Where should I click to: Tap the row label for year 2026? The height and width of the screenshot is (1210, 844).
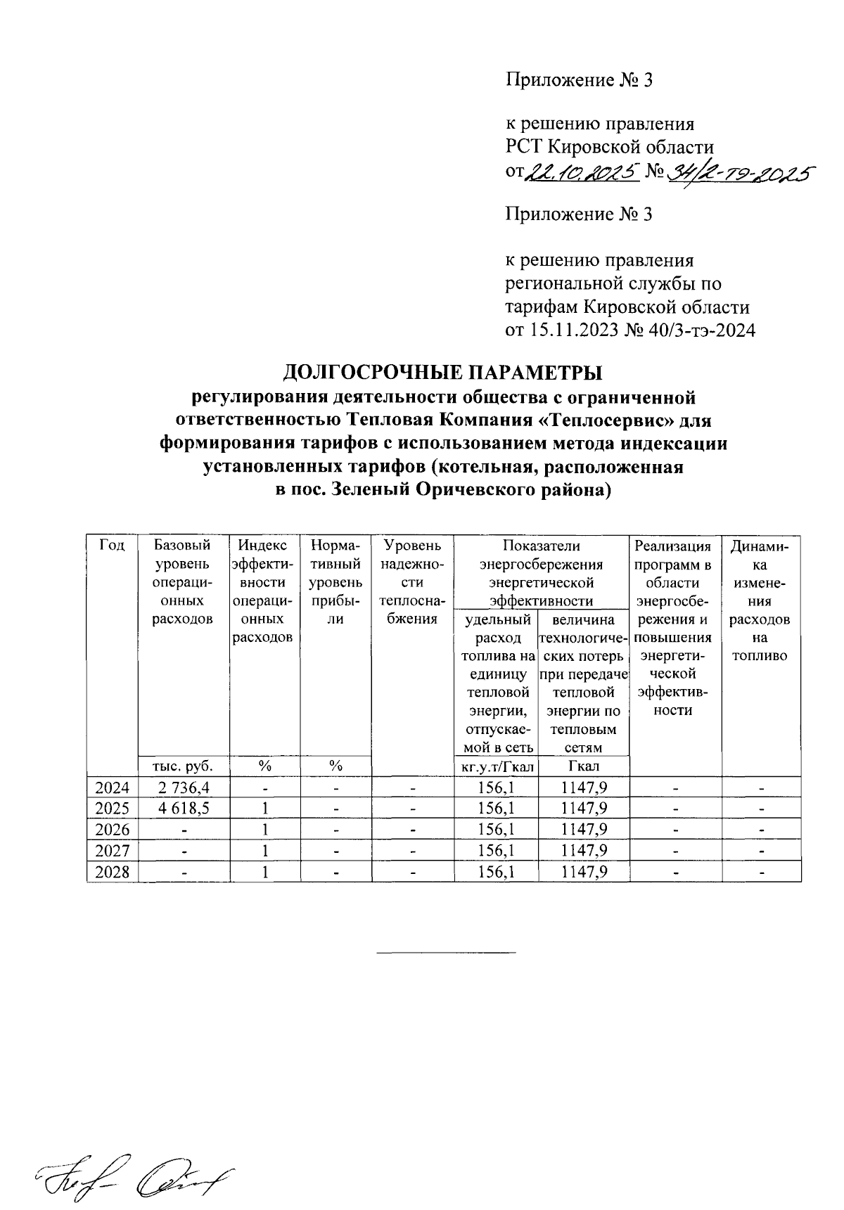coord(113,830)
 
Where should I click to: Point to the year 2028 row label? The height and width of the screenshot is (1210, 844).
coord(113,873)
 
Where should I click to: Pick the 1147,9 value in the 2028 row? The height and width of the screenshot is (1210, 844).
coord(584,873)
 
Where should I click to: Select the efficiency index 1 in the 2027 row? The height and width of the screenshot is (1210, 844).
coord(264,851)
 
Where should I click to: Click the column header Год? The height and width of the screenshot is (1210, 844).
coord(113,546)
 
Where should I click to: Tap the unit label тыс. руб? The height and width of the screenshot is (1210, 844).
coord(184,766)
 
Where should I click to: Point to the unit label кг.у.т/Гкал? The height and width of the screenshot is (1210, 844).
coord(496,766)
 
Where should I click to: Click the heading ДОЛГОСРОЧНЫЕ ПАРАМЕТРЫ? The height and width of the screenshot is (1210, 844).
coord(443,372)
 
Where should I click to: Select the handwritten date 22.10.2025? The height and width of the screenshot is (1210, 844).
coord(582,171)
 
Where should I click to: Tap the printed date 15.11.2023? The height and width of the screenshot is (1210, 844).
coord(570,330)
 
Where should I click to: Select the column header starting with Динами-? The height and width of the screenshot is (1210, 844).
coord(761,546)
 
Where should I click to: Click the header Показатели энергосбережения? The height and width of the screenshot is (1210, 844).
coord(541,555)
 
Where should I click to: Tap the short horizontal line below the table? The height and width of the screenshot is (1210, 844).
coord(446,953)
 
